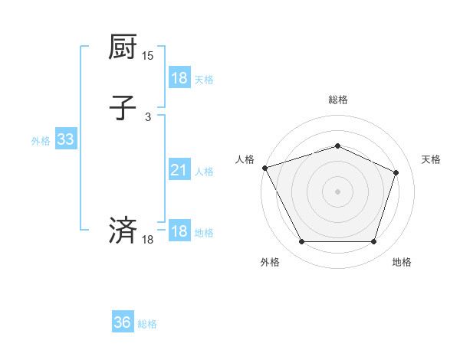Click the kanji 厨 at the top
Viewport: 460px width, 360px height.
click(x=122, y=47)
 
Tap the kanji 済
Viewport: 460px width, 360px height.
click(x=122, y=231)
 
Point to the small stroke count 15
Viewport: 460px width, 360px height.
click(x=147, y=56)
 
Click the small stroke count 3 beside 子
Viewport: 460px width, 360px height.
click(x=148, y=116)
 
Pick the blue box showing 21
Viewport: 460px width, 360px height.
click(x=179, y=171)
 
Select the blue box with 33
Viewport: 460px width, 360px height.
click(x=65, y=139)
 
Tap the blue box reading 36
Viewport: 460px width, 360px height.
click(x=123, y=322)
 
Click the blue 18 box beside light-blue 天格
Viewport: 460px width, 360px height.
click(x=179, y=78)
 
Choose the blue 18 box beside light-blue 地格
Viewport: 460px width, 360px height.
click(x=179, y=231)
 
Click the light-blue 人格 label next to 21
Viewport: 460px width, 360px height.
click(x=205, y=172)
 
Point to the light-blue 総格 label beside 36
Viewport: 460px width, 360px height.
click(x=147, y=324)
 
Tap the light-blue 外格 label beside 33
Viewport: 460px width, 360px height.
click(x=41, y=140)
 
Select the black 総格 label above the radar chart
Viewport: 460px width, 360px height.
click(x=337, y=100)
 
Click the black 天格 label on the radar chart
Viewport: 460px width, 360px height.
click(x=432, y=159)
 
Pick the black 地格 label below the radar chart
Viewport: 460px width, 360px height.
click(x=402, y=262)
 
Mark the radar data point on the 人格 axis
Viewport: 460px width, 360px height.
click(x=264, y=168)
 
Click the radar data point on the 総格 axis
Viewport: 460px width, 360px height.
click(x=337, y=146)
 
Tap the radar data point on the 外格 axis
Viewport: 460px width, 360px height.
click(x=301, y=242)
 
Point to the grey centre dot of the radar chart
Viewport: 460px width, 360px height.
click(x=337, y=191)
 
